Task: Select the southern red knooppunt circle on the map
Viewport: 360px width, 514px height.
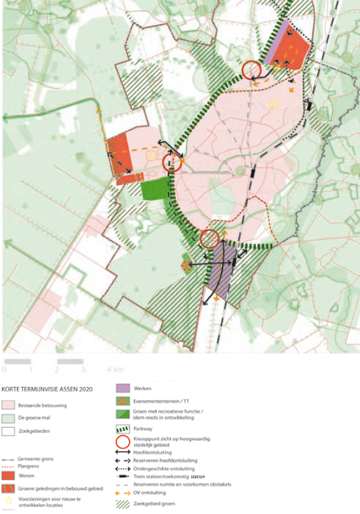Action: [209, 239]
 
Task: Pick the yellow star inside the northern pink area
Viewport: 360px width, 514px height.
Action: [275, 104]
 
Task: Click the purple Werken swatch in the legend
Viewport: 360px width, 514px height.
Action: [123, 388]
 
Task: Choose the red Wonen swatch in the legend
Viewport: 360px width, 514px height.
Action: [9, 476]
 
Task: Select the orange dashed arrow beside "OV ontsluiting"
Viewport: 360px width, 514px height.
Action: [123, 493]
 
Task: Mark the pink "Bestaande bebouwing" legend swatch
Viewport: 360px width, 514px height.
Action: [9, 405]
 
